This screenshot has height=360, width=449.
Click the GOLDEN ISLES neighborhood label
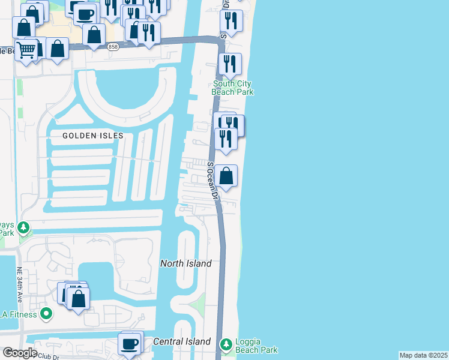[93, 136]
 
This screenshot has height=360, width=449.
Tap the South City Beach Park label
[232, 88]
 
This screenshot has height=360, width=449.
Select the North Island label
[185, 263]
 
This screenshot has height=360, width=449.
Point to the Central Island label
[181, 341]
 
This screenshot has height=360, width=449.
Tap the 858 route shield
[113, 47]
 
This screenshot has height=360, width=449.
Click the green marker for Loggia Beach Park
[226, 344]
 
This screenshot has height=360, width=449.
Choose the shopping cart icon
[26, 50]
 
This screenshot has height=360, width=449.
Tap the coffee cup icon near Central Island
[130, 344]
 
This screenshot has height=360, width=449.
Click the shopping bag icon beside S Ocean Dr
[226, 176]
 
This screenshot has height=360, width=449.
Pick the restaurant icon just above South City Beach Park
[230, 64]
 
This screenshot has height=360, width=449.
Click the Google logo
[20, 353]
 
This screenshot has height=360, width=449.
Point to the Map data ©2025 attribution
[423, 355]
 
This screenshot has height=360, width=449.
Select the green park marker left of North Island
[23, 227]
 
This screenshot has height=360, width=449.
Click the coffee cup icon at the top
[86, 12]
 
